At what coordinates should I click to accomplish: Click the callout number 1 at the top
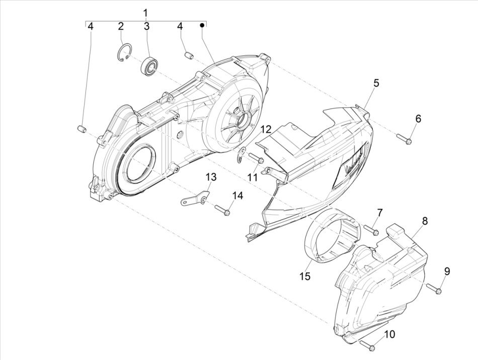(145, 12)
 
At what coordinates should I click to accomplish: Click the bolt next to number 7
(371, 230)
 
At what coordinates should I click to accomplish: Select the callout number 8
(425, 221)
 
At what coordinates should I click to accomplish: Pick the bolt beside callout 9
(435, 289)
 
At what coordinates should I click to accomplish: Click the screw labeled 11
(257, 159)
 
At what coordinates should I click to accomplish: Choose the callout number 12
(266, 130)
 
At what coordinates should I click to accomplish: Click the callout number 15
(305, 276)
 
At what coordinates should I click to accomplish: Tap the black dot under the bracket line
(202, 25)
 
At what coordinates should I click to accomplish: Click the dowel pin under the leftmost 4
(79, 131)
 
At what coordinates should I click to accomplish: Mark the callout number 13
(211, 177)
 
